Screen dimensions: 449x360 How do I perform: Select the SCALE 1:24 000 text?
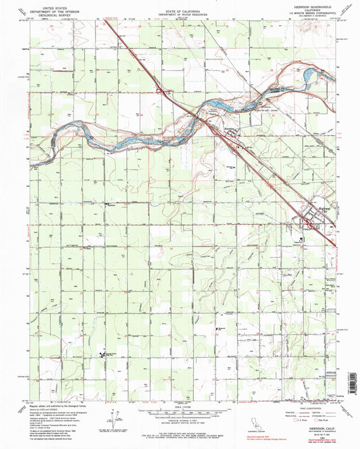pyautogui.click(x=180, y=405)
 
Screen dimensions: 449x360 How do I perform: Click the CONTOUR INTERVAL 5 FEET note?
pyautogui.click(x=180, y=420)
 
